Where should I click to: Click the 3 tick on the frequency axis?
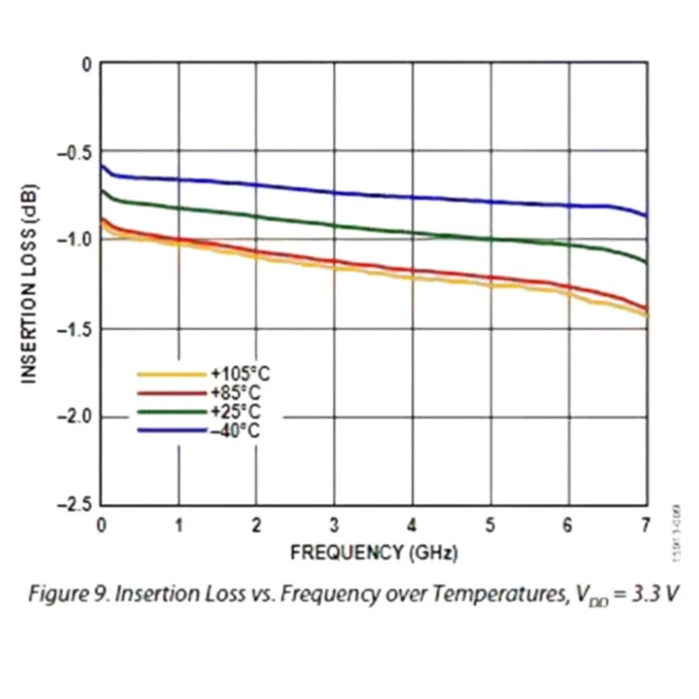[x=335, y=524]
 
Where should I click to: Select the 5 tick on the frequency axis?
[x=490, y=524]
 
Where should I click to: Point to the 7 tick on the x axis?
[x=646, y=524]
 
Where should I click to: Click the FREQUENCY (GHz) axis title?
[x=373, y=552]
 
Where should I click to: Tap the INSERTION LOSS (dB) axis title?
[x=29, y=283]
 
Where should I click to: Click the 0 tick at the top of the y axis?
[x=86, y=64]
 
